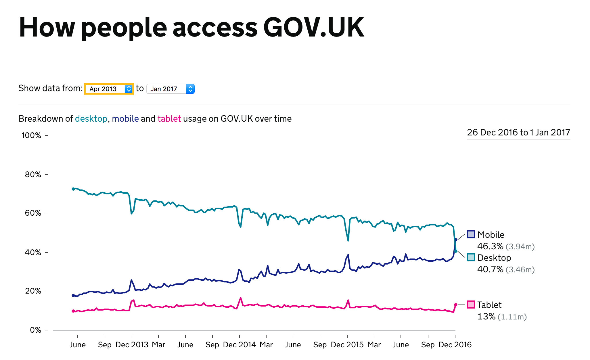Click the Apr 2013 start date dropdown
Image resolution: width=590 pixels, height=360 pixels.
tap(109, 89)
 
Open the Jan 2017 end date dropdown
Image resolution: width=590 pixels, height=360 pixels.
tap(171, 89)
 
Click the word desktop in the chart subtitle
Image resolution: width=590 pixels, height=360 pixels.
tap(91, 118)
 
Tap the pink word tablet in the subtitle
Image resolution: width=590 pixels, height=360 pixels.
tap(169, 118)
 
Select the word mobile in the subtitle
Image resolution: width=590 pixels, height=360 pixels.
tap(125, 118)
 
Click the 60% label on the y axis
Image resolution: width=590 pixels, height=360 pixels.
tap(33, 213)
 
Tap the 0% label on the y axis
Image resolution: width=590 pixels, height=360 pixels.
tap(36, 330)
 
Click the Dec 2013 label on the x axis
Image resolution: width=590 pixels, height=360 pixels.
tap(132, 344)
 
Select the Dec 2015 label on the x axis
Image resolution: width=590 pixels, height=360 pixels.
tap(347, 344)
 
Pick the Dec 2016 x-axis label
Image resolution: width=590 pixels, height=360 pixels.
tap(455, 344)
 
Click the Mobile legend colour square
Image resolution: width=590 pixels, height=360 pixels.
tap(471, 234)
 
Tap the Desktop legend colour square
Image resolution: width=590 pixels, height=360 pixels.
tap(471, 257)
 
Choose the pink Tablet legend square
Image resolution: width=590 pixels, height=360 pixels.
tap(471, 305)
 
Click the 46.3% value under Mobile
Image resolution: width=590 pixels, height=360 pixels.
tap(490, 246)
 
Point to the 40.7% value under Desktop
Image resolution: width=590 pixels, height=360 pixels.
tap(490, 269)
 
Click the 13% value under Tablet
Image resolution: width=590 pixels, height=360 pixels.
tap(486, 317)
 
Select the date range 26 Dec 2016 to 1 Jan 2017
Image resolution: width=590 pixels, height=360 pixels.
tap(518, 132)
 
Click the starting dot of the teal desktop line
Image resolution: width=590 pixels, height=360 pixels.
tap(73, 189)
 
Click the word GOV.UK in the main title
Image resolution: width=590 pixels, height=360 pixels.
tap(313, 27)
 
